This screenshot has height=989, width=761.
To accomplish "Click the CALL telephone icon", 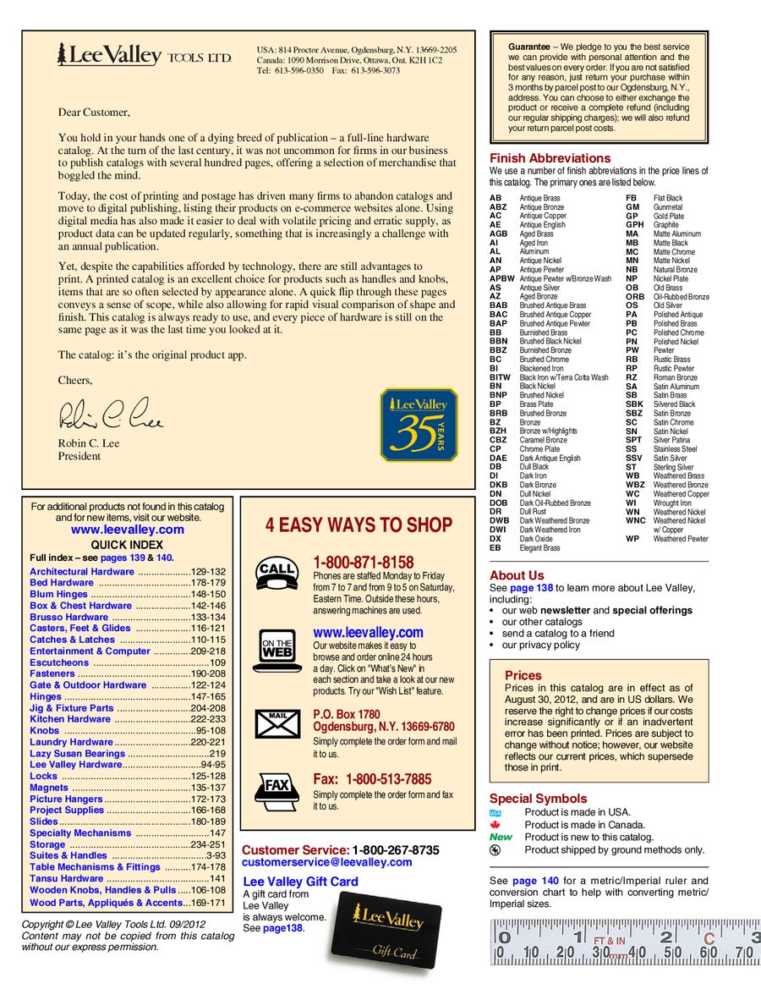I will (x=277, y=572).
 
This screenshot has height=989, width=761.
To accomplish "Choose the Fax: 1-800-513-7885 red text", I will (x=372, y=778).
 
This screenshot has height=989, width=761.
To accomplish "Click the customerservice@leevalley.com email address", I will (x=327, y=862).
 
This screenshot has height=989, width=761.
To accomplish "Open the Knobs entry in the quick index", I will (x=45, y=730).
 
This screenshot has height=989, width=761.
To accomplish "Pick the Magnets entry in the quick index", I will (x=49, y=788).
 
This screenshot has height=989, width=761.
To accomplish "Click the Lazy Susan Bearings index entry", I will (x=77, y=753).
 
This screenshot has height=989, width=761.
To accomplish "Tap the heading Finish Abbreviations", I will (x=550, y=158).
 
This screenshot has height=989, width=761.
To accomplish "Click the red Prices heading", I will (x=523, y=675).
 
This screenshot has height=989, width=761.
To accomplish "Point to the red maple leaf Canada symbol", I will (x=496, y=825).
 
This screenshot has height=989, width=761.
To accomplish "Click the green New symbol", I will (x=501, y=837).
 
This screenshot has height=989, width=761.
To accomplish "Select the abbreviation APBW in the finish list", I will (x=501, y=278).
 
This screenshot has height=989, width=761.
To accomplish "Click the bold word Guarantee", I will (x=528, y=46).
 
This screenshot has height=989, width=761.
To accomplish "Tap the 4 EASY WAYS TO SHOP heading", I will (x=359, y=525).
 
